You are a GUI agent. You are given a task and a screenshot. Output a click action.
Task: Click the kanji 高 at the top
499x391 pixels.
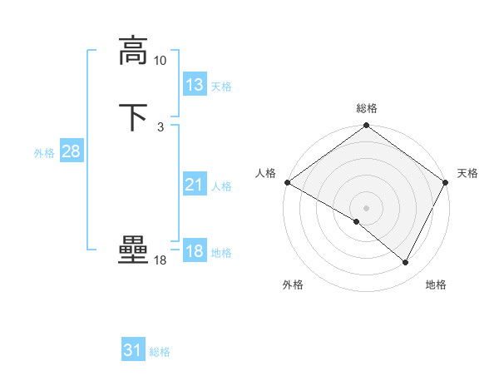tap(133, 50)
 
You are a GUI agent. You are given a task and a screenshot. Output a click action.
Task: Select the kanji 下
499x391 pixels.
tap(133, 117)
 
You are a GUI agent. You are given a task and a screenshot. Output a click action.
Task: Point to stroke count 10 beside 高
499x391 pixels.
tap(161, 61)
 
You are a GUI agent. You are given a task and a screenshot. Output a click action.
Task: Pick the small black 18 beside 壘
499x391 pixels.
tap(161, 260)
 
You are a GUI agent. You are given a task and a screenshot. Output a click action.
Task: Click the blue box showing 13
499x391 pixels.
tap(195, 84)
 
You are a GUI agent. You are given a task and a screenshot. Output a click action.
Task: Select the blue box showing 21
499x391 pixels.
tap(195, 185)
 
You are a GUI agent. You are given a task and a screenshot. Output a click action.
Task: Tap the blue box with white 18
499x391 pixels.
tap(195, 251)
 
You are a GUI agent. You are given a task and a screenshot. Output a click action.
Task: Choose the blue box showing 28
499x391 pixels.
tap(71, 151)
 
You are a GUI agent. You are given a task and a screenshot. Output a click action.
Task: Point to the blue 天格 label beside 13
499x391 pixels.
tap(221, 87)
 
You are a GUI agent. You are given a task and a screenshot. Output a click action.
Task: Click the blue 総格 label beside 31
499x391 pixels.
tap(160, 353)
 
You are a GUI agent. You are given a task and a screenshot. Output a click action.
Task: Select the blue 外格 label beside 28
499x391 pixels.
tap(44, 153)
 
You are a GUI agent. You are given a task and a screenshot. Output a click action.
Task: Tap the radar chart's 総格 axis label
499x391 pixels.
tap(367, 108)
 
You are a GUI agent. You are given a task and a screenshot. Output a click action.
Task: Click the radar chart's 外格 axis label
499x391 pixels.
tap(293, 285)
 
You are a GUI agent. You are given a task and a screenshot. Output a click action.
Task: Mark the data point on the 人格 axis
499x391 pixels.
tap(287, 182)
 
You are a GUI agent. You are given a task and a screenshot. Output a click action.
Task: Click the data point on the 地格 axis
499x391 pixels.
tap(406, 263)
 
